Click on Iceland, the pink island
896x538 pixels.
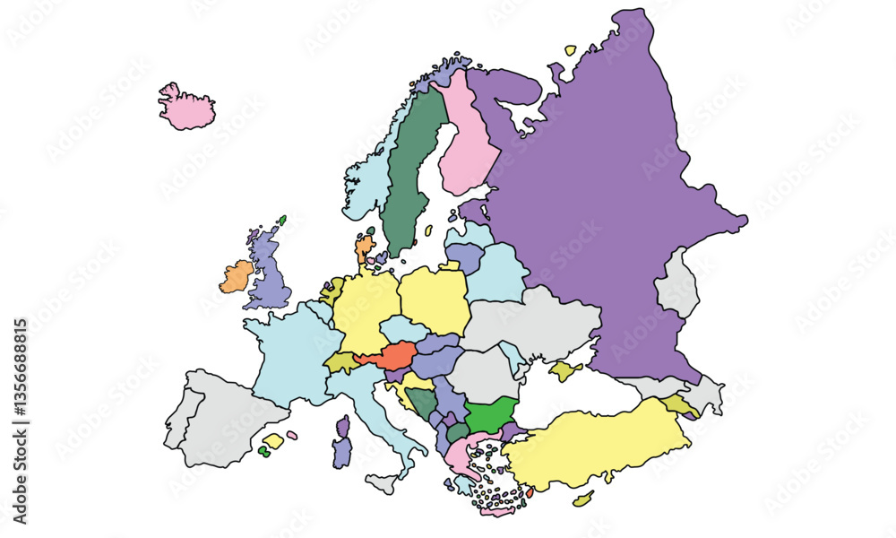click(185, 107)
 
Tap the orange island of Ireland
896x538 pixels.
click(237, 277)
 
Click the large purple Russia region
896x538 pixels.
click(609, 197)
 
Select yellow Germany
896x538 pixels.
click(365, 309)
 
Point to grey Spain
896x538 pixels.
click(224, 421)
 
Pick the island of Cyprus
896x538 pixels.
click(583, 499)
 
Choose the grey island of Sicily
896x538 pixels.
click(382, 484)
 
